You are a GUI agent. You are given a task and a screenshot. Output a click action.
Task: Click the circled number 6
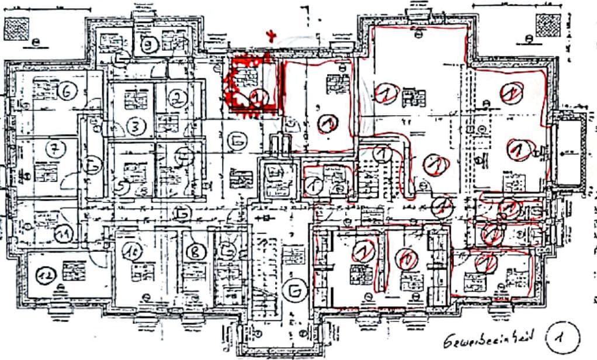point(67,91)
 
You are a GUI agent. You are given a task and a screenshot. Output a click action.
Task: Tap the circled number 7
point(54,149)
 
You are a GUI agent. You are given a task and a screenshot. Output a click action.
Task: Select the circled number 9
point(151,44)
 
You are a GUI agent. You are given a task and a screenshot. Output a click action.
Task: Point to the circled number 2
point(176,99)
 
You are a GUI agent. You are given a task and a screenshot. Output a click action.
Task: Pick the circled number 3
point(136,126)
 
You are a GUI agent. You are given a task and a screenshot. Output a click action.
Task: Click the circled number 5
point(122,187)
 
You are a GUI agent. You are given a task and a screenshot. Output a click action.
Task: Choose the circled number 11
point(63,234)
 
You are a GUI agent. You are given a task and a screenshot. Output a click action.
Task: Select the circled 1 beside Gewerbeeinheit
point(562,337)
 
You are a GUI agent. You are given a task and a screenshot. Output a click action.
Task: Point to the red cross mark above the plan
point(270,35)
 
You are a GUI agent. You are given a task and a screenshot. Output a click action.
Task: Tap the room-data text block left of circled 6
point(41,92)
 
